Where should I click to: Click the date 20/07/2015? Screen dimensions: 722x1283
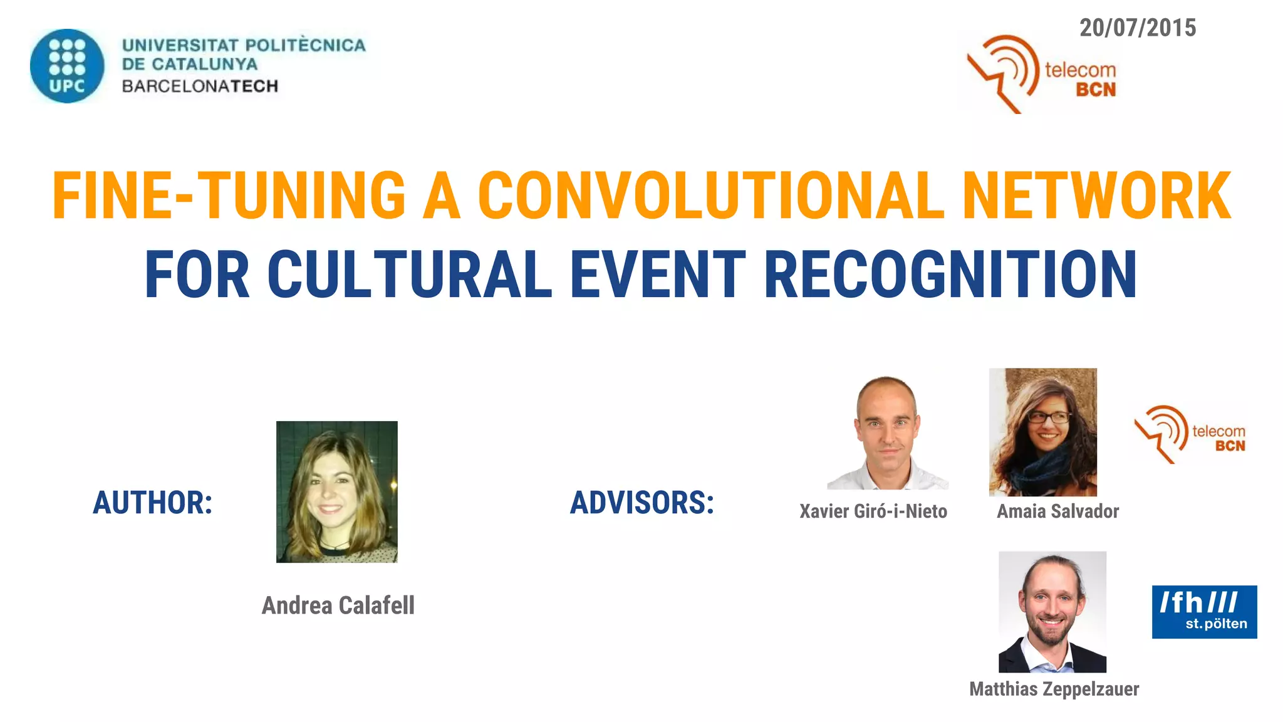point(1138,28)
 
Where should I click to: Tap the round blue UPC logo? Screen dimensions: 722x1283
point(67,66)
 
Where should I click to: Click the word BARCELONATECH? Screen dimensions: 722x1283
point(200,86)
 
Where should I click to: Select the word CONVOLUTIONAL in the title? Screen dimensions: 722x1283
point(711,196)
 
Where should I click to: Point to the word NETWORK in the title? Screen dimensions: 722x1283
point(1096,196)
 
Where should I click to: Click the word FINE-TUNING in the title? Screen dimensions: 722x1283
point(229,196)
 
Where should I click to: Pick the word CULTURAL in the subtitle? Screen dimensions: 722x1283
point(410,275)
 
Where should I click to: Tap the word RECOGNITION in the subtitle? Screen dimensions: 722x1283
point(950,275)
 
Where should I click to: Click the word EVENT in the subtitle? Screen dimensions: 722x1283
point(657,275)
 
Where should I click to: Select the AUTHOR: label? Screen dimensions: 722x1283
point(153,503)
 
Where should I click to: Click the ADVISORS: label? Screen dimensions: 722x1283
point(642,503)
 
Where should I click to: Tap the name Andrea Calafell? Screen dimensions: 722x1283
point(338,605)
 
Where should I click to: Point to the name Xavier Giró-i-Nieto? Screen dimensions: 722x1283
point(873,511)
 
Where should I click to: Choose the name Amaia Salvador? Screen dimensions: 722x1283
point(1057,511)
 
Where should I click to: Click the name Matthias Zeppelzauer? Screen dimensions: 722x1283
point(1054,689)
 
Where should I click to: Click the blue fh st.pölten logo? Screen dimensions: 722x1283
point(1204,612)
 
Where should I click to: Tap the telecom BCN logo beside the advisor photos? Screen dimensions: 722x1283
point(1190,434)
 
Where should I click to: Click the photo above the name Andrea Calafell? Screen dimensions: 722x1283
point(337,491)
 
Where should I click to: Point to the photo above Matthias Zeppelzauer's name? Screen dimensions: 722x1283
point(1052,612)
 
